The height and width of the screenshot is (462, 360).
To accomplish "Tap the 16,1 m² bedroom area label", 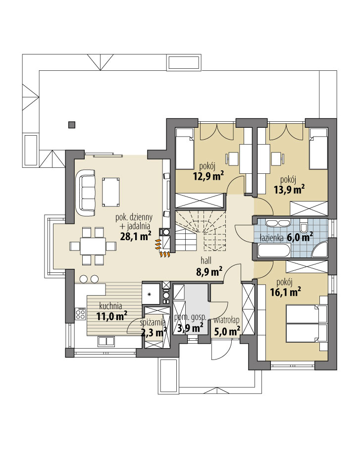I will point(285,293).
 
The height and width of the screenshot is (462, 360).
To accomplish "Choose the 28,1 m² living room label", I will point(135,236).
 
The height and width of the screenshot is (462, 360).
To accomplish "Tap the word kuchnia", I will point(111,305).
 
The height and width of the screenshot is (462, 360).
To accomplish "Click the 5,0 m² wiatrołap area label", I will point(227,328).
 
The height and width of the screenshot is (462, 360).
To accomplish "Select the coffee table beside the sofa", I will point(110,191).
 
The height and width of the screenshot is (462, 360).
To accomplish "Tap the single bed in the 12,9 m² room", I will point(185,148).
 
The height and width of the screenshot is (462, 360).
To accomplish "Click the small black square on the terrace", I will point(72,124).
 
